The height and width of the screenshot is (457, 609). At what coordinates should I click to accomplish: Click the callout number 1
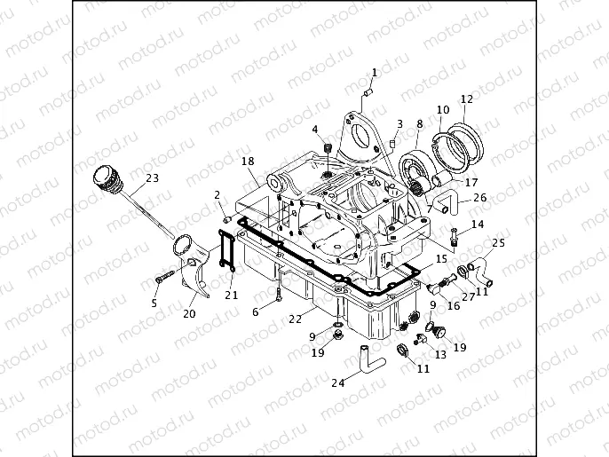pyautogui.click(x=374, y=72)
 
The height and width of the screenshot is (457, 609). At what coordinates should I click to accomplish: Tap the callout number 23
pyautogui.click(x=152, y=178)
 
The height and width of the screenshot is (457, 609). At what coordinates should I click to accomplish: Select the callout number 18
pyautogui.click(x=248, y=162)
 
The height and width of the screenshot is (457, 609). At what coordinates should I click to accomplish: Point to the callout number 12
pyautogui.click(x=467, y=99)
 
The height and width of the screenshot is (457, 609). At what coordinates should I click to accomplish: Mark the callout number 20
pyautogui.click(x=190, y=313)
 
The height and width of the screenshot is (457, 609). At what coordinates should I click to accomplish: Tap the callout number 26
pyautogui.click(x=479, y=197)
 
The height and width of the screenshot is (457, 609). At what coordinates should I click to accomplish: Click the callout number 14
pyautogui.click(x=478, y=225)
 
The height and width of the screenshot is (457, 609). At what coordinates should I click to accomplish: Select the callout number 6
pyautogui.click(x=255, y=311)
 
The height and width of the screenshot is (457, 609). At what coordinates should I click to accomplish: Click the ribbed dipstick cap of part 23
pyautogui.click(x=107, y=178)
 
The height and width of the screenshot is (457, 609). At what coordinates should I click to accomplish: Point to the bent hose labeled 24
pyautogui.click(x=366, y=359)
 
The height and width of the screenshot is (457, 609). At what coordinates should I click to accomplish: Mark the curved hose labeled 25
pyautogui.click(x=484, y=264)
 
